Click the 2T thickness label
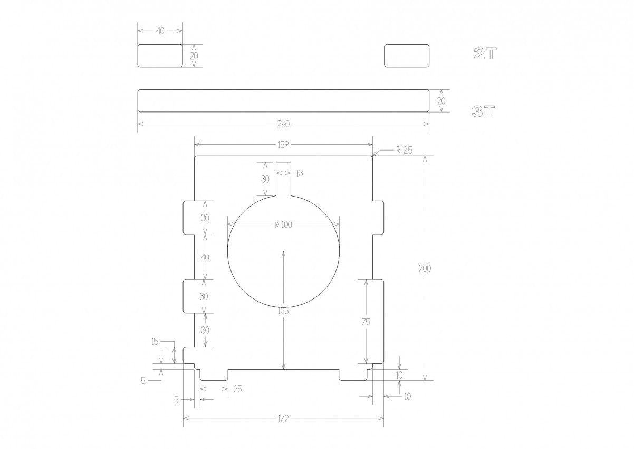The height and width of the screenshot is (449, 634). (x=485, y=53)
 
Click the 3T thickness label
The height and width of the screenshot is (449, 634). (x=483, y=111)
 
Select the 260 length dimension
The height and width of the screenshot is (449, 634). (x=283, y=124)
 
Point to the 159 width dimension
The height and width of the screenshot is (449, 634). (x=283, y=145)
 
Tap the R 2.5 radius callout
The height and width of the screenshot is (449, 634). (x=404, y=150)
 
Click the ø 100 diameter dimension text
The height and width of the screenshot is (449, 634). (x=283, y=224)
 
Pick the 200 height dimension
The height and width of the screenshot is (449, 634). (x=425, y=268)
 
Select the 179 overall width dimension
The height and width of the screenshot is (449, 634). (x=283, y=418)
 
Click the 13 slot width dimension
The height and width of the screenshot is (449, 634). (x=300, y=173)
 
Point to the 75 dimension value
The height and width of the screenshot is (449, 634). (x=366, y=322)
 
